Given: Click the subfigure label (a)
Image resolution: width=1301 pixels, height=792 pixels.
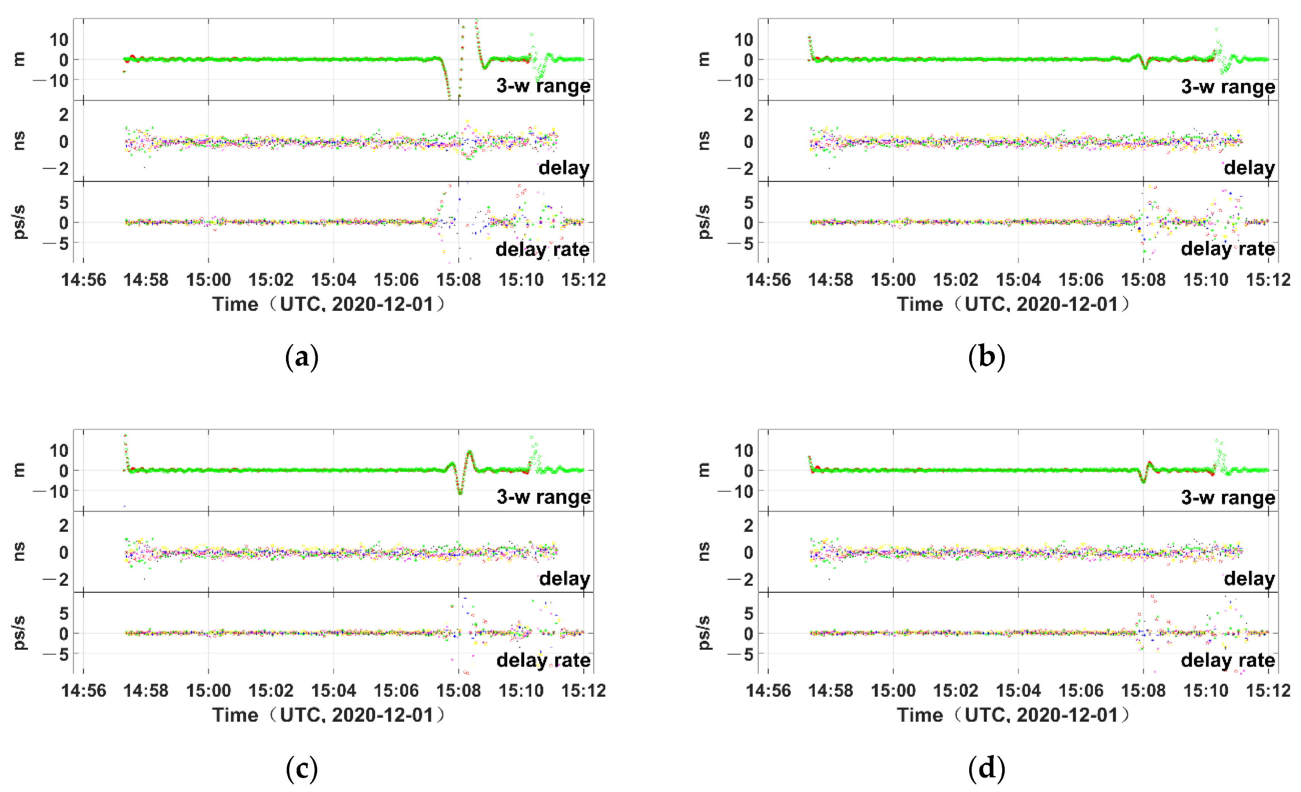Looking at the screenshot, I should pos(301,357).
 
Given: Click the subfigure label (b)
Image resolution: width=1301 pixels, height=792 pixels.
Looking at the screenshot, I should pos(986,357).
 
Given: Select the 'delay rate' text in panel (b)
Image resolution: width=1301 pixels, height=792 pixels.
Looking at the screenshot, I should pos(1228,249).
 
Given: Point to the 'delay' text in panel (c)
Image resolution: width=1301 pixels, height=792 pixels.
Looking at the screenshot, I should pos(564,579).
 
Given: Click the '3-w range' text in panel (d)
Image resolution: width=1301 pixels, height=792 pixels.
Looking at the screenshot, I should pos(1228,497).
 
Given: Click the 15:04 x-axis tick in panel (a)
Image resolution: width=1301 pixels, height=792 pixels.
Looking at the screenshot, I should pos(333,279).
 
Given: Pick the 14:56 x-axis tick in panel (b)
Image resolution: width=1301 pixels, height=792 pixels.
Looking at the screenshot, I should pos(768,279).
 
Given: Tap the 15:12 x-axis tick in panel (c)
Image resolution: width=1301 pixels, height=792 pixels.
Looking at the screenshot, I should pos(583,690).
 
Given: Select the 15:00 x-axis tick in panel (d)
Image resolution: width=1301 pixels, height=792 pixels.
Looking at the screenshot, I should pos(893,690).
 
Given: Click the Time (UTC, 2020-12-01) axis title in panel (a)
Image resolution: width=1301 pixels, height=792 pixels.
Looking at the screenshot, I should pos(329,304).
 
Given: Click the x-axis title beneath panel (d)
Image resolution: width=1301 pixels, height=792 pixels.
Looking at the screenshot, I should pos(1013,715).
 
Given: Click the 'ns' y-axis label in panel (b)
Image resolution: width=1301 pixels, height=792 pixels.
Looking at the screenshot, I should pos(704,141).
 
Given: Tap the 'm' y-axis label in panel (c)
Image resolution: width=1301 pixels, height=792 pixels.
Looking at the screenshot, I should pos(19,469).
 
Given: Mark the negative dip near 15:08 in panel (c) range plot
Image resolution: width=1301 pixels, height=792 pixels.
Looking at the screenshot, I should pos(460,491).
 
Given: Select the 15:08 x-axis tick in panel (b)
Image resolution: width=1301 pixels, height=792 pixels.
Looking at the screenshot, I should pos(1143,279).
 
